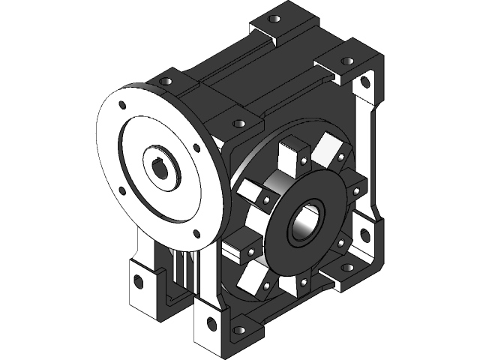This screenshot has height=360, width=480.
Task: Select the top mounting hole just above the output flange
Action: [x=238, y=122]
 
